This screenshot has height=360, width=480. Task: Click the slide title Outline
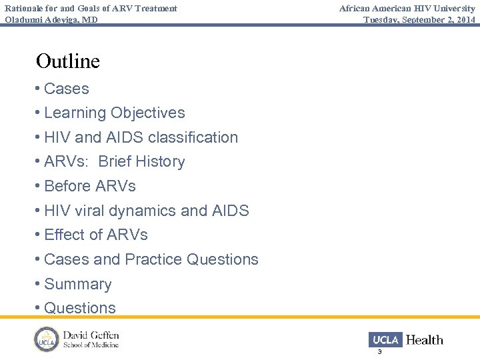(x=68, y=61)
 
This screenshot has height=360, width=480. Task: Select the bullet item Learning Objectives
(x=114, y=113)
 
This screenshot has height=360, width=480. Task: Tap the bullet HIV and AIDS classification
(x=141, y=137)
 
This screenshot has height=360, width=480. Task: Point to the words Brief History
(x=141, y=162)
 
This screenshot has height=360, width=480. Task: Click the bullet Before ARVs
(x=89, y=186)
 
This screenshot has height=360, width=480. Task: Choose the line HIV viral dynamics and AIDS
(x=146, y=211)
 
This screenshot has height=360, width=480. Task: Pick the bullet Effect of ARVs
(x=95, y=235)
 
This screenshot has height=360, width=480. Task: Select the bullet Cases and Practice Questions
(x=151, y=259)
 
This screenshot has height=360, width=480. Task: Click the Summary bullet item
(x=77, y=284)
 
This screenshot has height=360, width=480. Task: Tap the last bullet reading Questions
(x=79, y=308)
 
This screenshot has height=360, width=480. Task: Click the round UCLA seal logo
(x=47, y=339)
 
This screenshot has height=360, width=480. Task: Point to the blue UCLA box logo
(x=385, y=339)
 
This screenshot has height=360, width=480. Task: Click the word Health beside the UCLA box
(x=425, y=340)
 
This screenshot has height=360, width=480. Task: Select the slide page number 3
(x=379, y=351)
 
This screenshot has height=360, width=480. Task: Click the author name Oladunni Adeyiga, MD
(x=51, y=19)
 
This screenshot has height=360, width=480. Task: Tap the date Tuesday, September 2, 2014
(x=419, y=19)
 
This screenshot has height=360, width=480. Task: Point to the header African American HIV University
(x=407, y=8)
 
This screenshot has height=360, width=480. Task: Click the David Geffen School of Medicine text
(x=91, y=339)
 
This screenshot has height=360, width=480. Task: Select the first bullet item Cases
(x=66, y=89)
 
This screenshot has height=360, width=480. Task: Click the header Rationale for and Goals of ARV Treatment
(x=91, y=8)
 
